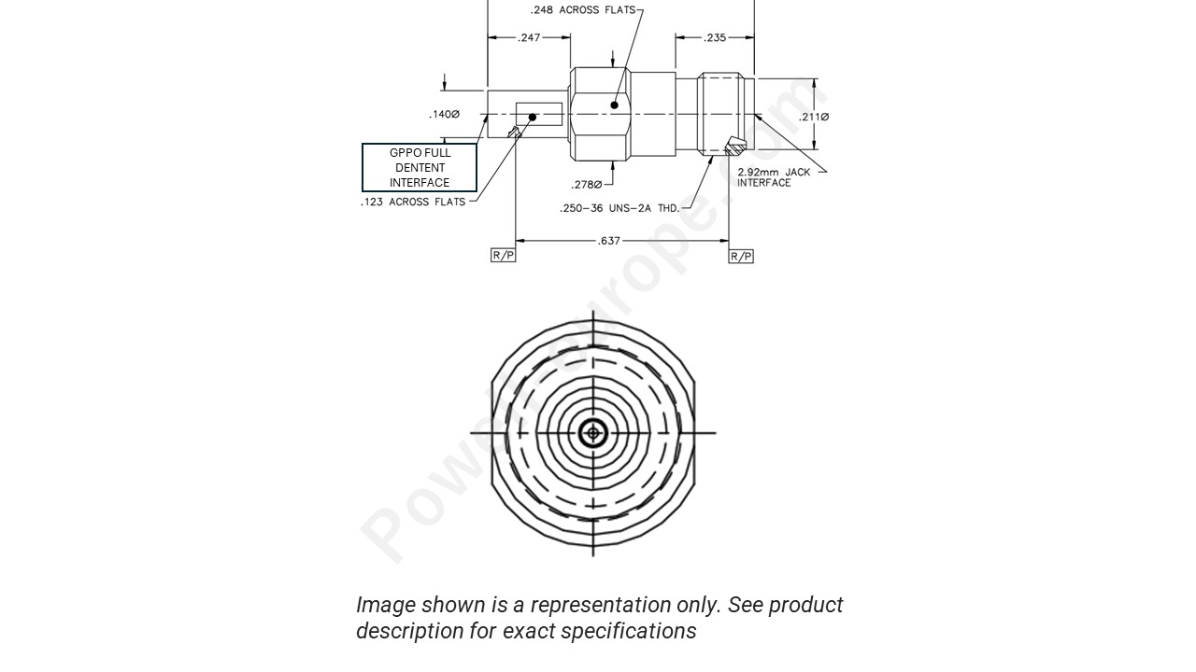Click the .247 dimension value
529,38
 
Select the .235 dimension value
715,38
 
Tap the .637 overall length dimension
608,241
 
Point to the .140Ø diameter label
445,115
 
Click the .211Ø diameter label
814,117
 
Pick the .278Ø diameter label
587,185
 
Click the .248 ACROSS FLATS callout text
582,10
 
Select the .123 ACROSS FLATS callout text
413,202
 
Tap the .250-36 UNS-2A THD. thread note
619,208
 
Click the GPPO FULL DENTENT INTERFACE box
420,168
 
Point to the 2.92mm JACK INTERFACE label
774,177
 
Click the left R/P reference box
503,256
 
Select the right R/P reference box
741,256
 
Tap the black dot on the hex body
614,105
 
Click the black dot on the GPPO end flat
533,118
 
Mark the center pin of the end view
593,433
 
